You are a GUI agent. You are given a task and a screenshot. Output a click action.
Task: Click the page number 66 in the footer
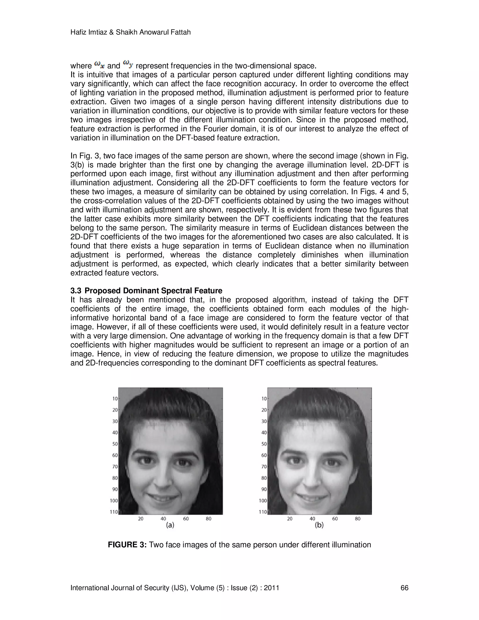[404, 588]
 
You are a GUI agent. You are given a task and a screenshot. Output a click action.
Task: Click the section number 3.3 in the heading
[76, 291]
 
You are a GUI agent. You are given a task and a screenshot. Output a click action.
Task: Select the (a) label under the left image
[170, 525]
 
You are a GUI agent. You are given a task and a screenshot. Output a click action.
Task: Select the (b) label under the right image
[319, 525]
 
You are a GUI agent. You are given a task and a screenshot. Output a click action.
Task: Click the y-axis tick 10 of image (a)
[115, 399]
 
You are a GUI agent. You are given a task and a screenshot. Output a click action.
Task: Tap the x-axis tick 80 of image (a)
[209, 519]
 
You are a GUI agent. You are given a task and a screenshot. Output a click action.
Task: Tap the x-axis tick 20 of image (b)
[290, 519]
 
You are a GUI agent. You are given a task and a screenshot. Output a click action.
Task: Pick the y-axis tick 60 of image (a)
[115, 455]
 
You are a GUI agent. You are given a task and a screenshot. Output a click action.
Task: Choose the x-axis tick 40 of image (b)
[312, 519]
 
